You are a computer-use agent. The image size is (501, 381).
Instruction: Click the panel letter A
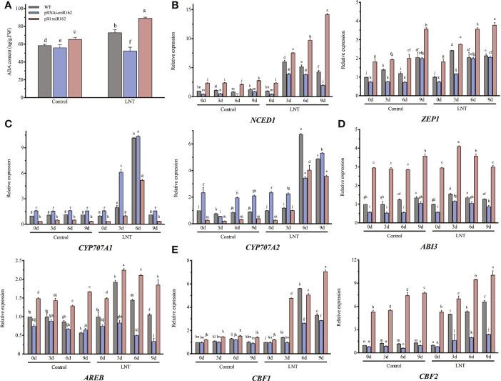pos(6,5)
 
